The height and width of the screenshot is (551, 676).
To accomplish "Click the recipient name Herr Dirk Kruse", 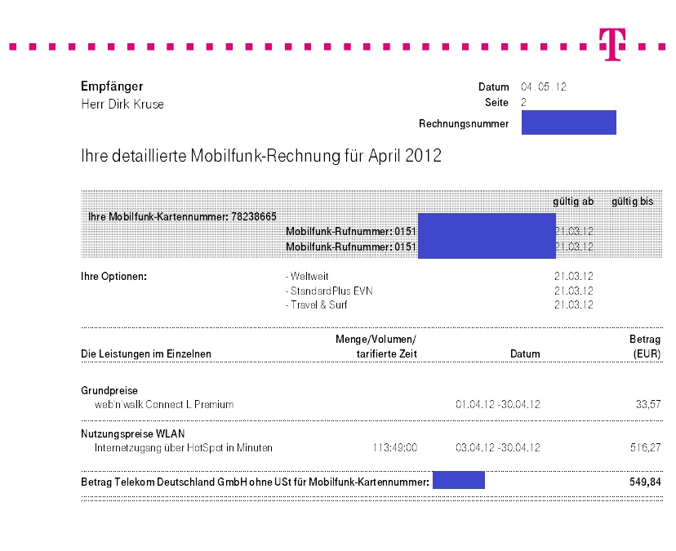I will (122, 104).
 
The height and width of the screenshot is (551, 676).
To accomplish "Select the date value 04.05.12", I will (544, 87).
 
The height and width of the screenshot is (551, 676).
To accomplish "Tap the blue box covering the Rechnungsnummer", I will (568, 122).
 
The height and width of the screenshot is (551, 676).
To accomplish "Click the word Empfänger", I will (112, 86).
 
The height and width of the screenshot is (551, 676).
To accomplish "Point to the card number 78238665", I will (255, 216).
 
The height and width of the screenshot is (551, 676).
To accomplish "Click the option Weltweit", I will (307, 277).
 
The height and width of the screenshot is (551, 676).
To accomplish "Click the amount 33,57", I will (648, 404).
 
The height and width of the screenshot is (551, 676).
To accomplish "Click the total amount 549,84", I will (645, 482).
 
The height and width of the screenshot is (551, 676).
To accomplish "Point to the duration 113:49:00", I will (394, 447).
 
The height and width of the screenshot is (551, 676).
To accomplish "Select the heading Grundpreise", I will (109, 390).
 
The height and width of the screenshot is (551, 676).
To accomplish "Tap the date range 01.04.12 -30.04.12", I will (497, 404).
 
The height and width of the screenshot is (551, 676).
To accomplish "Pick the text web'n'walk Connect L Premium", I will (164, 404).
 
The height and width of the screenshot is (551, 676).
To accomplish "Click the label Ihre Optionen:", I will (113, 277).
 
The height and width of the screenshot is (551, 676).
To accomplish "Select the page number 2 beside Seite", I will (524, 103).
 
